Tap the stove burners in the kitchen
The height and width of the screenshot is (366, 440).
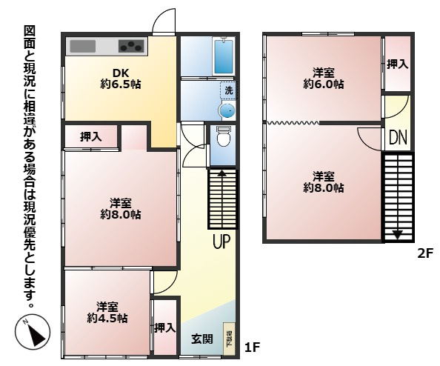(131, 46)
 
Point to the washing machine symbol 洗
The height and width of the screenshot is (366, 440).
(228, 90)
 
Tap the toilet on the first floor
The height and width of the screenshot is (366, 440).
(223, 138)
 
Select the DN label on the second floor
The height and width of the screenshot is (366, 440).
(397, 137)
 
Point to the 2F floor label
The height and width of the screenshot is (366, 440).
(424, 253)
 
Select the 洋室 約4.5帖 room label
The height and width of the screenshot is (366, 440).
(107, 312)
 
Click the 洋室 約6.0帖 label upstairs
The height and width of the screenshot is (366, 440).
(323, 78)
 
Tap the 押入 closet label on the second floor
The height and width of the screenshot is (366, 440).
(397, 64)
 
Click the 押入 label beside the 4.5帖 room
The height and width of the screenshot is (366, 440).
(164, 327)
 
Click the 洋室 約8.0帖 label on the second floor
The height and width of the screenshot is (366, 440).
(323, 182)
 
